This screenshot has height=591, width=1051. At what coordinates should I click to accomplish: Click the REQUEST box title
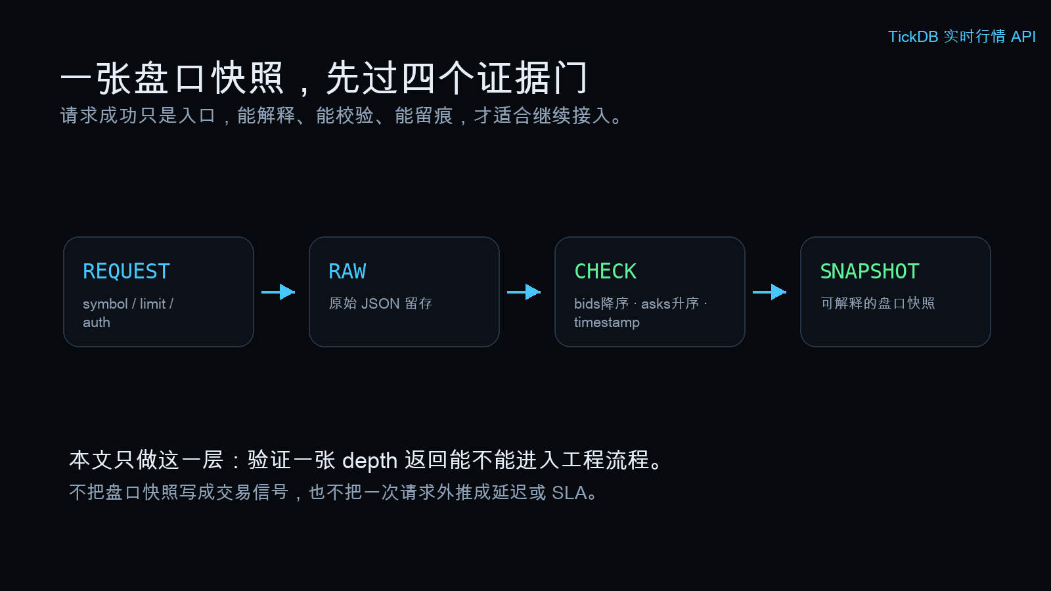click(x=126, y=271)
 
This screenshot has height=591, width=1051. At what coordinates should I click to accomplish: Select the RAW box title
click(x=347, y=271)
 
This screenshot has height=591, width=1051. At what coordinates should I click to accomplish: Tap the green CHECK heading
click(x=605, y=271)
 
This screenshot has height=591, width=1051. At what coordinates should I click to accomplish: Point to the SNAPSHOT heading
click(x=870, y=271)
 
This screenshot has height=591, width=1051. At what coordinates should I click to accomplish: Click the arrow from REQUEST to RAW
click(x=279, y=292)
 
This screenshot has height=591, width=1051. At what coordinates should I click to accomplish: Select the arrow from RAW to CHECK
click(x=524, y=292)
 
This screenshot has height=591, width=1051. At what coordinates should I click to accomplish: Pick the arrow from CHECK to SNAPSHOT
click(x=769, y=292)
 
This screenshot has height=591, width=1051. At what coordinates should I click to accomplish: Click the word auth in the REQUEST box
click(x=96, y=322)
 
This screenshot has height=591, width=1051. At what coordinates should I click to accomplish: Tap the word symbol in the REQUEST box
click(x=105, y=304)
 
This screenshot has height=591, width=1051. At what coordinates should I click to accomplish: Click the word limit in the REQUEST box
click(x=152, y=303)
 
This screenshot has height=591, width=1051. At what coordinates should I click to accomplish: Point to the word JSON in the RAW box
click(x=380, y=303)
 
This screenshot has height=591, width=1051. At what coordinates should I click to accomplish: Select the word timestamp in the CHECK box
click(x=607, y=322)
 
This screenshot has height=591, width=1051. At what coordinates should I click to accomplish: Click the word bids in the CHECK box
click(x=587, y=303)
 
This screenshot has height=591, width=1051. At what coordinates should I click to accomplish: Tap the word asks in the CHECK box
click(x=656, y=303)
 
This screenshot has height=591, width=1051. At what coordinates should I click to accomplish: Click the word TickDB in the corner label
click(x=913, y=37)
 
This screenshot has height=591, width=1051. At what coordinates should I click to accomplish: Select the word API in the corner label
click(x=1023, y=37)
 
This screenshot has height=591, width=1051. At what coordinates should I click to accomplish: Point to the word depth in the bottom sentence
click(x=370, y=460)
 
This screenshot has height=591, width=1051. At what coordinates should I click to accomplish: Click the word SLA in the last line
click(x=569, y=492)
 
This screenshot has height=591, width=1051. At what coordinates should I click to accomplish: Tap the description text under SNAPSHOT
click(x=878, y=303)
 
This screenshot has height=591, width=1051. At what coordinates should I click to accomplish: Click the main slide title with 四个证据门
click(x=324, y=78)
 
